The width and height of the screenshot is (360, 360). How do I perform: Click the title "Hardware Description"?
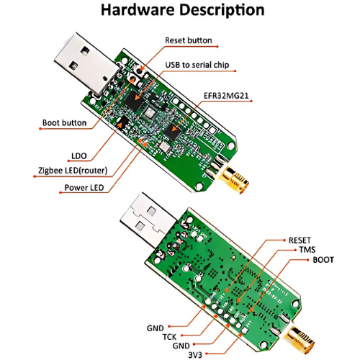tap(183, 10)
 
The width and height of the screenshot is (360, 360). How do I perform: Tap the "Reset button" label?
tap(189, 40)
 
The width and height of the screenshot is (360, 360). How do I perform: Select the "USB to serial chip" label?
tap(197, 65)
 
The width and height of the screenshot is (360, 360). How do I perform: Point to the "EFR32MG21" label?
tap(226, 96)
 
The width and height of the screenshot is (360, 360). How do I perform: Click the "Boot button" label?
tap(64, 122)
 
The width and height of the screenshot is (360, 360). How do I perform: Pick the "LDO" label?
tap(79, 156)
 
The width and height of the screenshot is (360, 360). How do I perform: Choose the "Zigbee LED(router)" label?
tap(73, 171)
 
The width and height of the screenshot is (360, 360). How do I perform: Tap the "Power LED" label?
tap(84, 187)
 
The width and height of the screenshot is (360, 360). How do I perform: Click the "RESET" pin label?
tap(300, 240)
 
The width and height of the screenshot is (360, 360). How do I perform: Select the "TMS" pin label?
tap(307, 250)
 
